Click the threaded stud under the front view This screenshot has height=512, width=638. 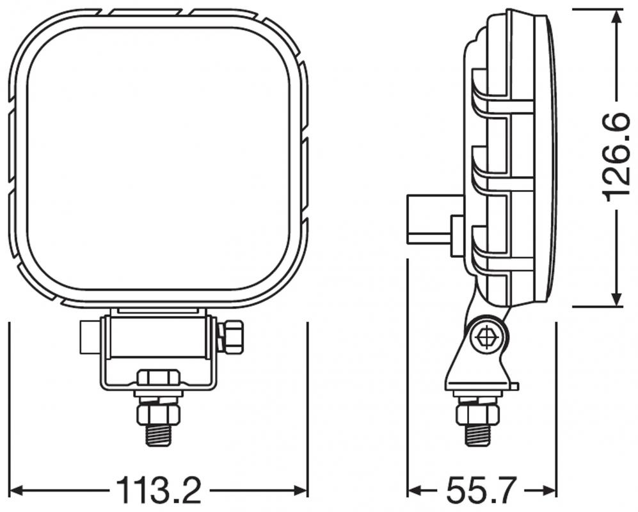coord(158,435)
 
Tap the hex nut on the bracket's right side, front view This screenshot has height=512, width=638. coord(231,337)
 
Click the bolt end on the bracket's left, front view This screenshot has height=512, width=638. coord(88,337)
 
